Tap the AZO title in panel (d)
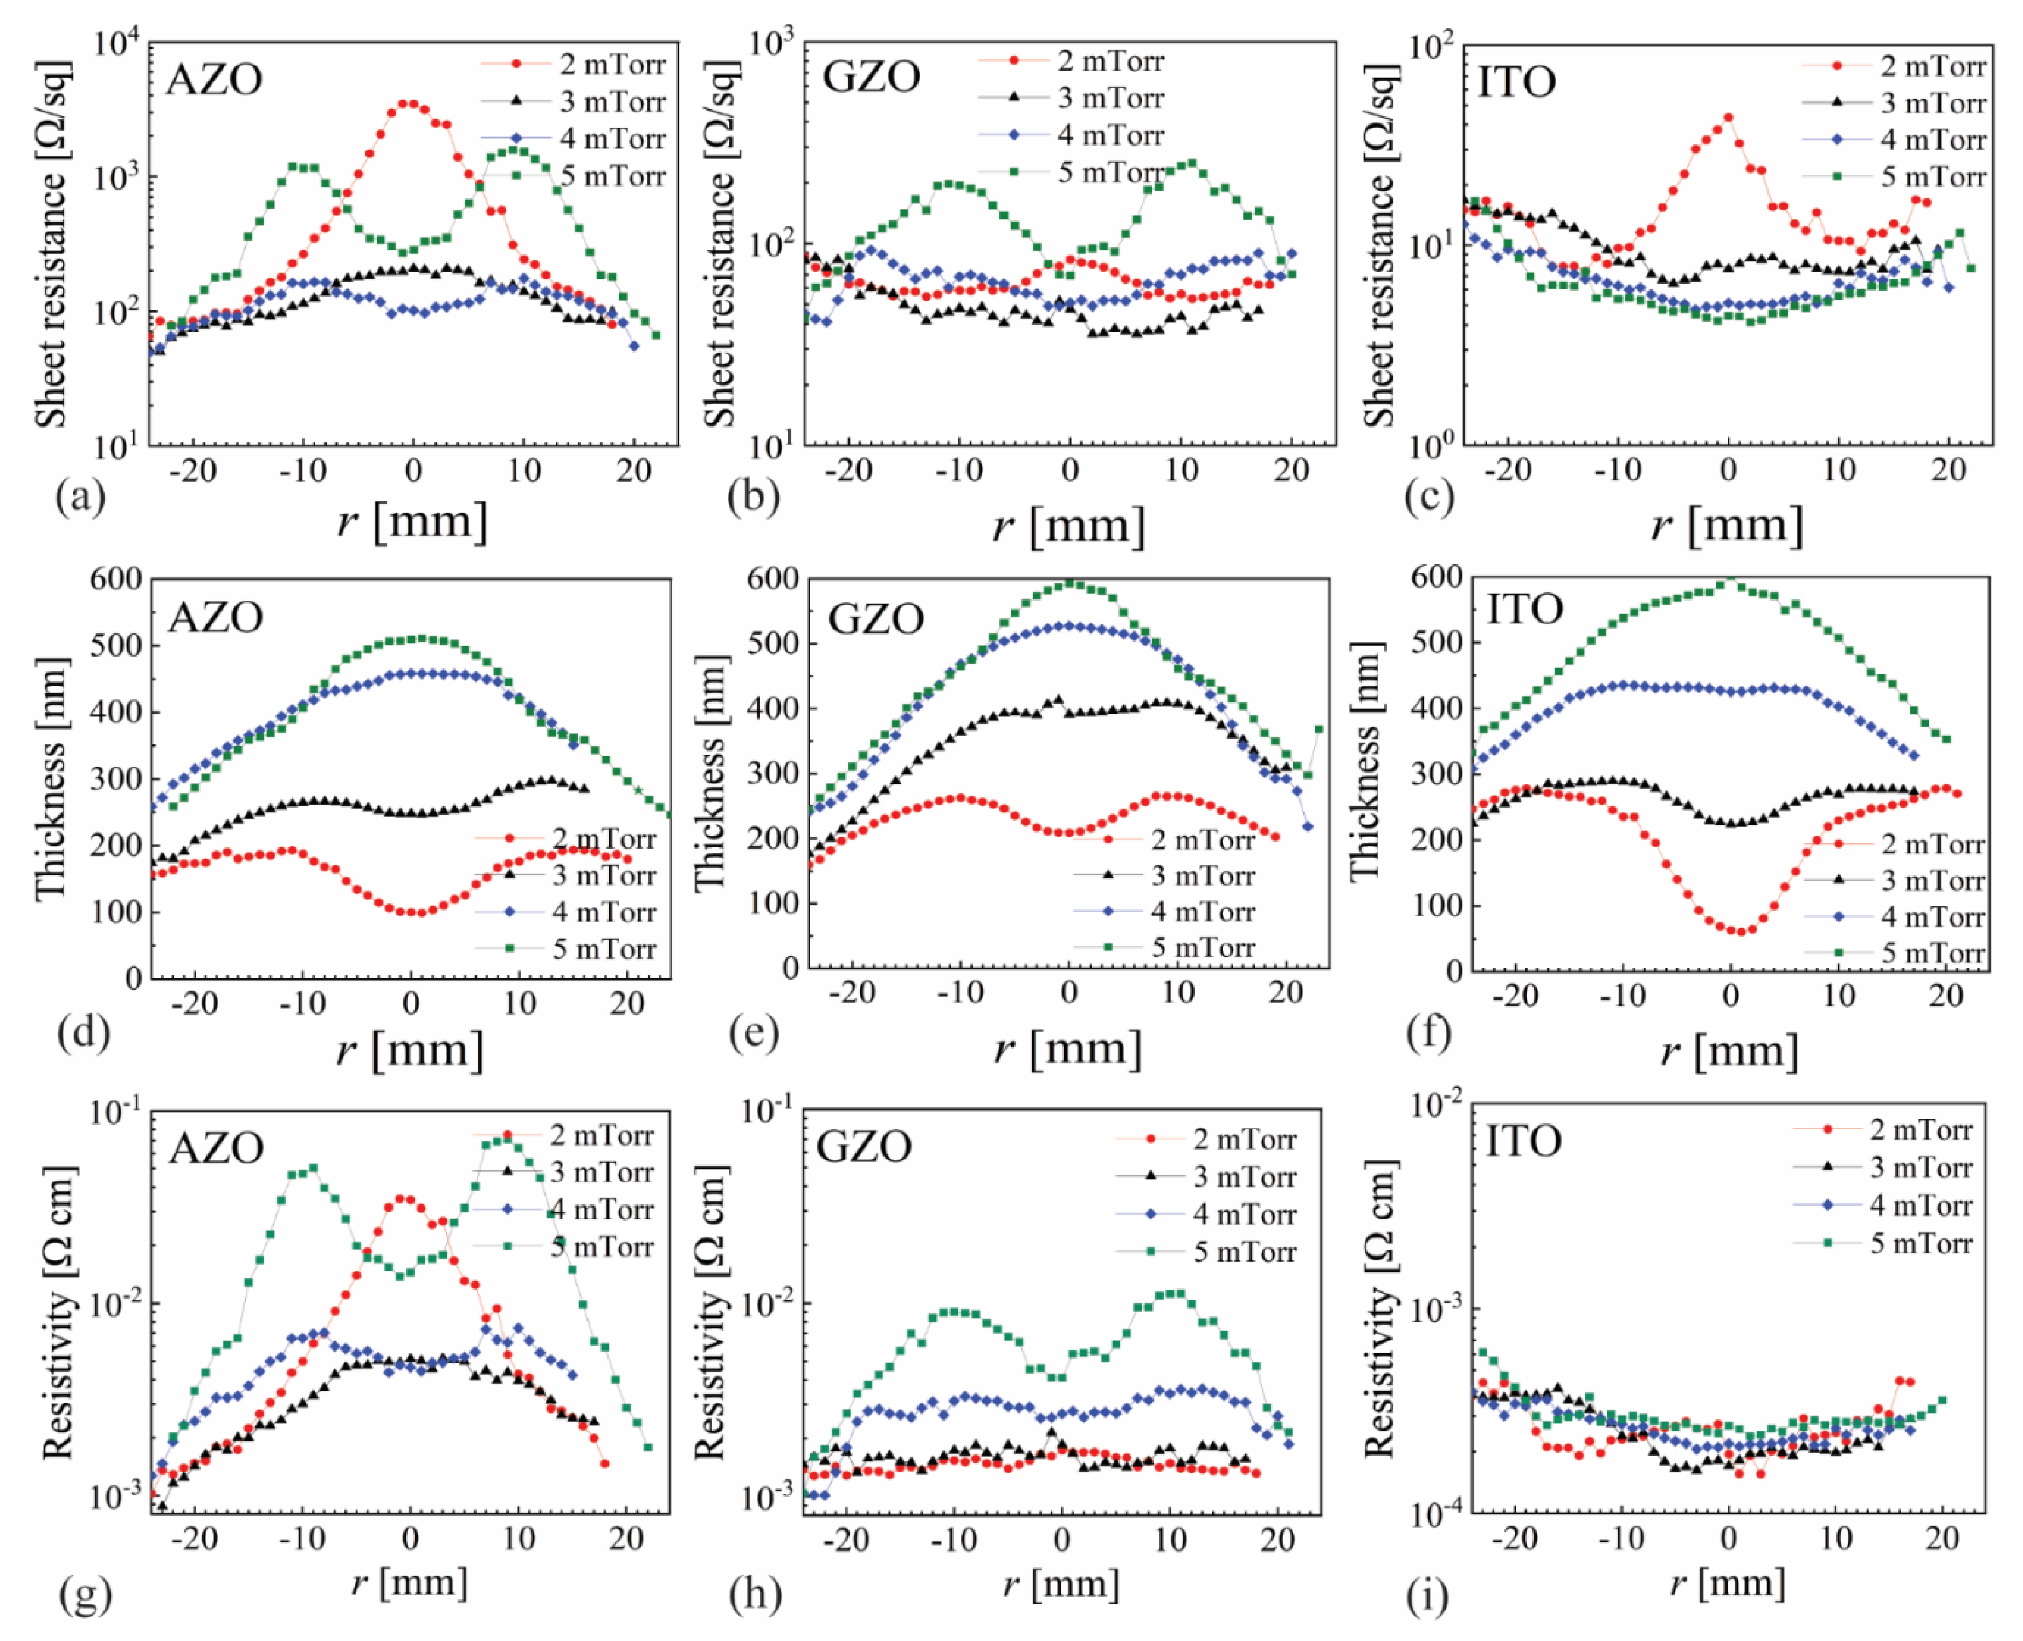point(216,617)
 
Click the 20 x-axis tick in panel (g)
point(626,1539)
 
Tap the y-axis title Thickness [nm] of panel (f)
point(1366,762)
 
